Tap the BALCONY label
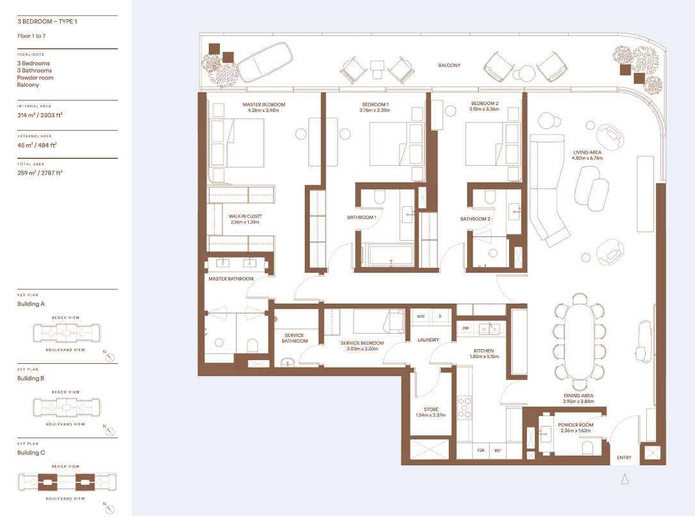pyautogui.click(x=449, y=65)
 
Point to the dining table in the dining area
pyautogui.click(x=579, y=341)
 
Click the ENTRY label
pyautogui.click(x=624, y=457)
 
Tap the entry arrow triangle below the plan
pyautogui.click(x=625, y=479)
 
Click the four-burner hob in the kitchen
pyautogui.click(x=465, y=407)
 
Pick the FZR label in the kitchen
pyautogui.click(x=481, y=450)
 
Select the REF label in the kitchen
pyautogui.click(x=498, y=450)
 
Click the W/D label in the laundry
pyautogui.click(x=421, y=316)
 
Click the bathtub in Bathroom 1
pyautogui.click(x=390, y=255)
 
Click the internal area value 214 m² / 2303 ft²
pyautogui.click(x=40, y=115)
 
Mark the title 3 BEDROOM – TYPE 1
pyautogui.click(x=47, y=21)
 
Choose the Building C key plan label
pyautogui.click(x=31, y=453)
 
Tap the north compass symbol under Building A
pyautogui.click(x=110, y=357)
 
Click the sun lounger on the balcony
pyautogui.click(x=265, y=62)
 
